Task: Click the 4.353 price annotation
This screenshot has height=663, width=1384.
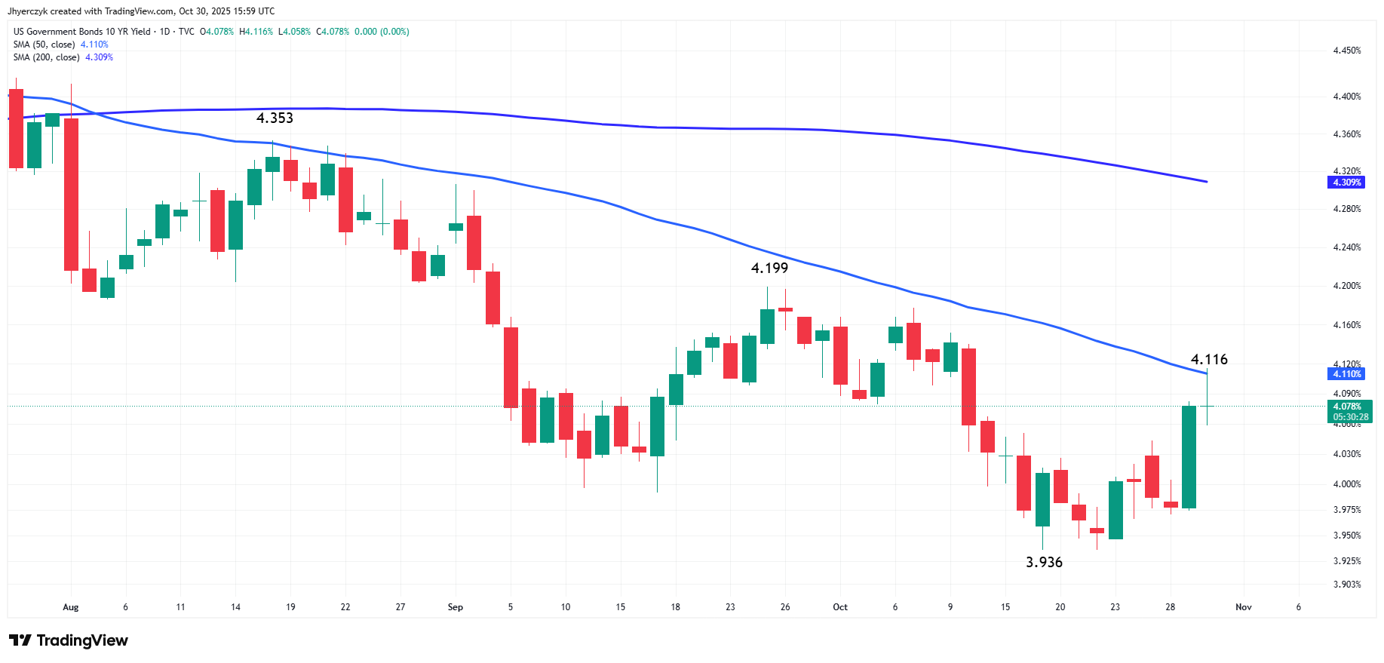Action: [275, 118]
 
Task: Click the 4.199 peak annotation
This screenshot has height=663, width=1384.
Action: [769, 268]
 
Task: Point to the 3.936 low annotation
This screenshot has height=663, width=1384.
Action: [1044, 562]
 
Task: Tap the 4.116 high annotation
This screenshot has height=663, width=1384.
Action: [1209, 360]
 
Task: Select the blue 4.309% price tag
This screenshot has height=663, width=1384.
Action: [1346, 183]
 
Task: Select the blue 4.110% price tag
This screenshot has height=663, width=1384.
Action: [1346, 374]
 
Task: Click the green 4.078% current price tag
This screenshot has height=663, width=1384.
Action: [1349, 412]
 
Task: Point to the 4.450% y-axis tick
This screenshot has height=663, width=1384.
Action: [1347, 51]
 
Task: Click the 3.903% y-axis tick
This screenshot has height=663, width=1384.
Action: [1347, 585]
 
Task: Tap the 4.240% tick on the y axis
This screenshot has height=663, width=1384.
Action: [1347, 247]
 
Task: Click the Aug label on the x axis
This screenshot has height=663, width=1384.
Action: [71, 607]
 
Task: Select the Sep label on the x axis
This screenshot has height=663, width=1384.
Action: [456, 607]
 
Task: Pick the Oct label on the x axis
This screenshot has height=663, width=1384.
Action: [840, 607]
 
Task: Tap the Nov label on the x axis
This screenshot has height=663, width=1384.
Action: [1244, 607]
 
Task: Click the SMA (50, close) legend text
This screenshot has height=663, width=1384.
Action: [44, 45]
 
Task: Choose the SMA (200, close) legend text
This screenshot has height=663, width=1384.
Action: [47, 57]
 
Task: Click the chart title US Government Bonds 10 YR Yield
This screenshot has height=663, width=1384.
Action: [82, 32]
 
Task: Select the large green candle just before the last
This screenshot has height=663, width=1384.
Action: [1189, 457]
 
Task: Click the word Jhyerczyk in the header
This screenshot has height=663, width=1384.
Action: [28, 11]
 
